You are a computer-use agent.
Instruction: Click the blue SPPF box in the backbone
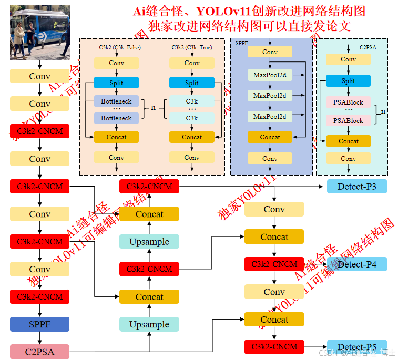pos(39,324)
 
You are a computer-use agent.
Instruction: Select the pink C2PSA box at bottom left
pos(39,352)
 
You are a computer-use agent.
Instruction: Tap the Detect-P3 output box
pos(356,186)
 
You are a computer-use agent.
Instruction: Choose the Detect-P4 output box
pos(356,264)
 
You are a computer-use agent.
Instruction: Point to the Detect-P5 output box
pos(356,347)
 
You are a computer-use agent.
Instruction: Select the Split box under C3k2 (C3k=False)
pos(117,83)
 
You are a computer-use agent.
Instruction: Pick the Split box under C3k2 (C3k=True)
pos(192,83)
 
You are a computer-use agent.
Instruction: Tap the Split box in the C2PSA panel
pos(348,81)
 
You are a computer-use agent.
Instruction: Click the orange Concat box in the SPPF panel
pos(270,137)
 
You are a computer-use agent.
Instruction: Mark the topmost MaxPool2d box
pos(270,75)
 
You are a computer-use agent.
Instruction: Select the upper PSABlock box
pos(348,102)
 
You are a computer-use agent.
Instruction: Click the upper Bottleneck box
pos(117,100)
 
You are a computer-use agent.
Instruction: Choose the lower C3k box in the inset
pos(192,118)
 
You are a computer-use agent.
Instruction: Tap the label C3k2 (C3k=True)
pos(192,47)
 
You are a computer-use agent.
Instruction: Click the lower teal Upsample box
pos(149,324)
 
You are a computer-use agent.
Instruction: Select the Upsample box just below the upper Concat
pos(149,242)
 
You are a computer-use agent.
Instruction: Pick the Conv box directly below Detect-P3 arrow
pos(274,209)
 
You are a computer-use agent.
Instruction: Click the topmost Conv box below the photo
pos(39,76)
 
